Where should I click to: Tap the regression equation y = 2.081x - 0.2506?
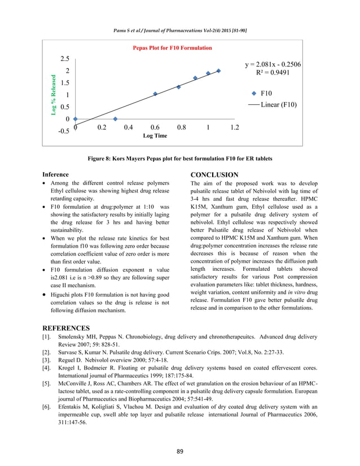[273, 64]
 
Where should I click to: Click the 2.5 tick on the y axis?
[64, 59]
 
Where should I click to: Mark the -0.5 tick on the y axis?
[63, 131]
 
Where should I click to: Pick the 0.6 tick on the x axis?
[155, 128]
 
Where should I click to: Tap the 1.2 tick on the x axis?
[235, 128]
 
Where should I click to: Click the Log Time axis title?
[155, 136]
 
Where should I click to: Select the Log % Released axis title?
[54, 95]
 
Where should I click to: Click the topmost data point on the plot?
[218, 71]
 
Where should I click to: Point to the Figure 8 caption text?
[180, 159]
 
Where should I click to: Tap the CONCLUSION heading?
[214, 175]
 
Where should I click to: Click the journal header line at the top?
[180, 29]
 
